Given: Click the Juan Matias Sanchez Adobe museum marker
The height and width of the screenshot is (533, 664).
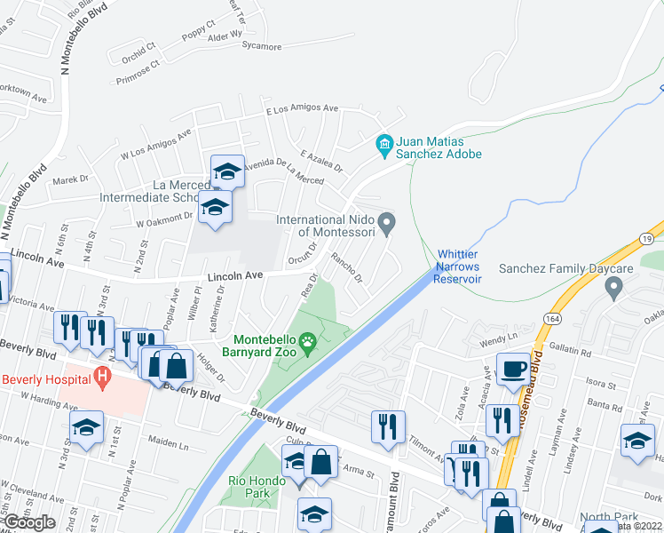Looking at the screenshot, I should pyautogui.click(x=384, y=143).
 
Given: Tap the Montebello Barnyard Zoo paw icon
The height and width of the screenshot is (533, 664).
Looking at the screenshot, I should pyautogui.click(x=308, y=342).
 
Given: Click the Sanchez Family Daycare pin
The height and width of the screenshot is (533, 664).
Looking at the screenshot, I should pyautogui.click(x=613, y=287).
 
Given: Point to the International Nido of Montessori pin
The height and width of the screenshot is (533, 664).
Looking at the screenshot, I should pyautogui.click(x=386, y=224).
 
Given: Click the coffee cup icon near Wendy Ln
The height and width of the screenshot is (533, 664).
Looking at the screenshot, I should pyautogui.click(x=512, y=369).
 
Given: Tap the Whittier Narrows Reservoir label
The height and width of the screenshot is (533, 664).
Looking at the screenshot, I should pyautogui.click(x=456, y=266).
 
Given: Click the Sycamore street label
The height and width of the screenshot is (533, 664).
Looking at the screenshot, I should pyautogui.click(x=257, y=47).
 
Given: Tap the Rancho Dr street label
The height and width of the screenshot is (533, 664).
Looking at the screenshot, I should pyautogui.click(x=347, y=267).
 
